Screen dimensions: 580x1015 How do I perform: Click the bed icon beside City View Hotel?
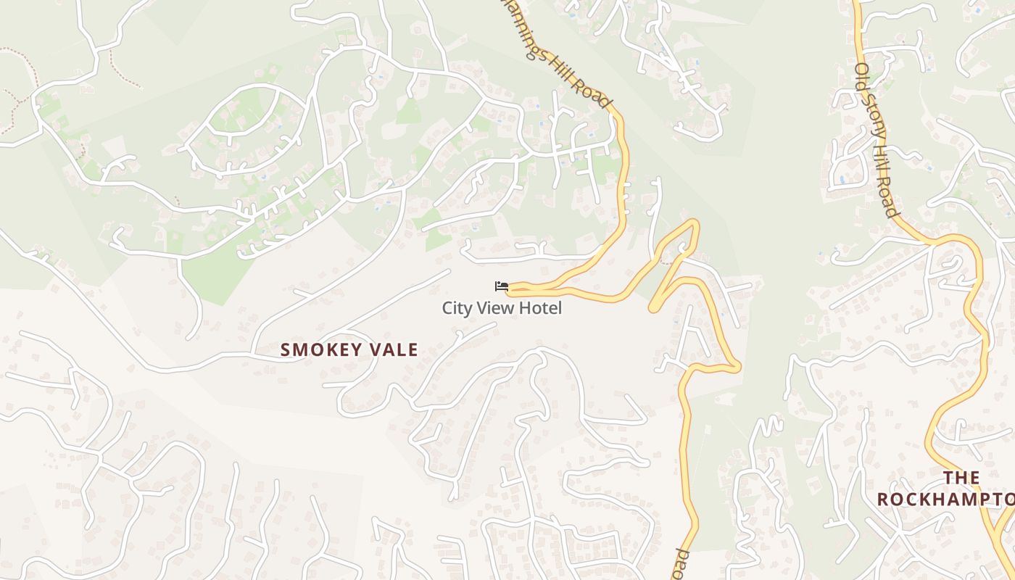click(501, 286)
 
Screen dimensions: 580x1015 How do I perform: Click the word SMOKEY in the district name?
click(320, 350)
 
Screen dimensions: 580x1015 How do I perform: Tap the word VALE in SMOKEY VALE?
click(393, 350)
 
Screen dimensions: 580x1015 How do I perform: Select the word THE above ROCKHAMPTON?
click(961, 478)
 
